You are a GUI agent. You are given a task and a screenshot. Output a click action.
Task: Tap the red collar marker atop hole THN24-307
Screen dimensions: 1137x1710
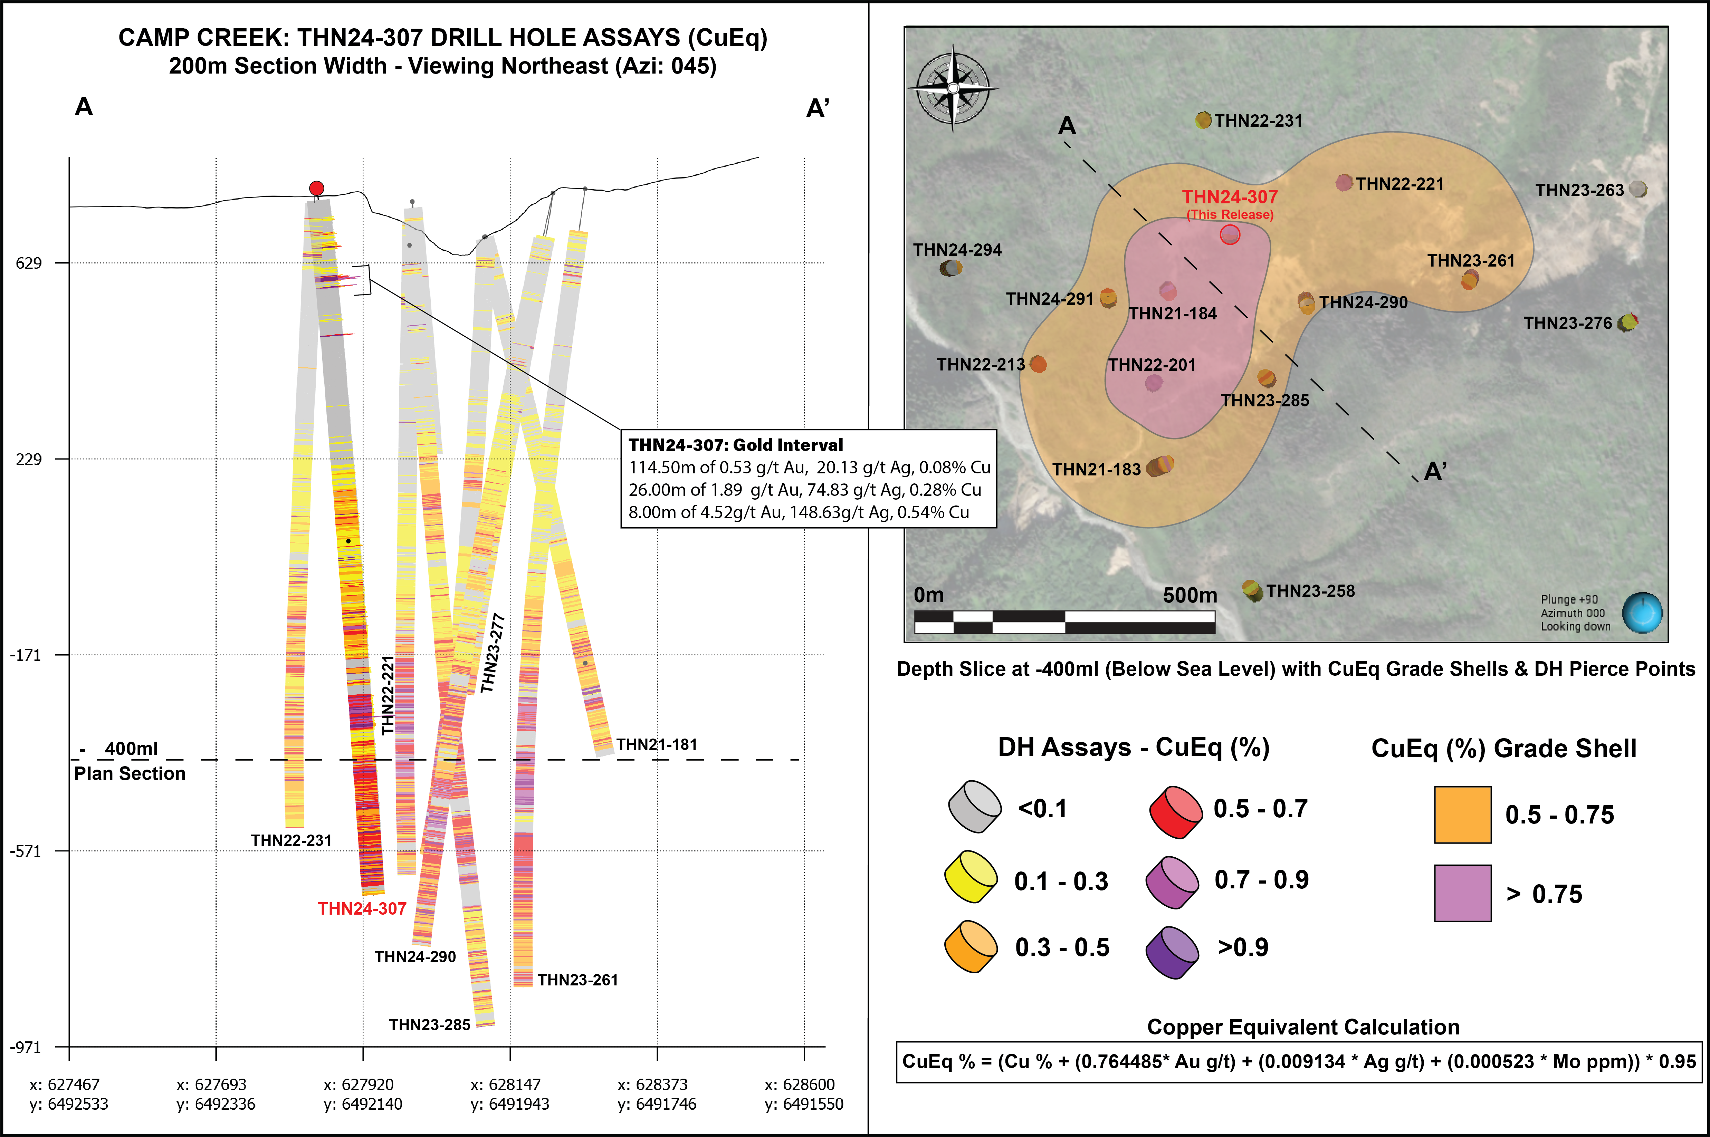pos(316,189)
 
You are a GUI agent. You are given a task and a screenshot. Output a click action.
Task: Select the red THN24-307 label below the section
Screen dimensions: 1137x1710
pos(362,908)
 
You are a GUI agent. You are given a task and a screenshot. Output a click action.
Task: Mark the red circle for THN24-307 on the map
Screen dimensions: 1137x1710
pos(1230,234)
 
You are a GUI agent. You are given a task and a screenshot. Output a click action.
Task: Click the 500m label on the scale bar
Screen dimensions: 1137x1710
pos(1189,595)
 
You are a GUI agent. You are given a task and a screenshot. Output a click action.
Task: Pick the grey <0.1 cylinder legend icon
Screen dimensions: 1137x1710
pos(974,806)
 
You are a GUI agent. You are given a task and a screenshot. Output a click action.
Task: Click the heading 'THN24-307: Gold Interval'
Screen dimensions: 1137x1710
pos(735,445)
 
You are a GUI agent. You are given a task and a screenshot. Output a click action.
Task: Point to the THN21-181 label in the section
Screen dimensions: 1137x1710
pos(656,745)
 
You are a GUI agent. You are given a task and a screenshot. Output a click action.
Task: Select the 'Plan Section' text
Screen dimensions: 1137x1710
pos(130,774)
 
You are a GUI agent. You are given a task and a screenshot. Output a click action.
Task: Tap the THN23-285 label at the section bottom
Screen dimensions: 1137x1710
pos(429,1024)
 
